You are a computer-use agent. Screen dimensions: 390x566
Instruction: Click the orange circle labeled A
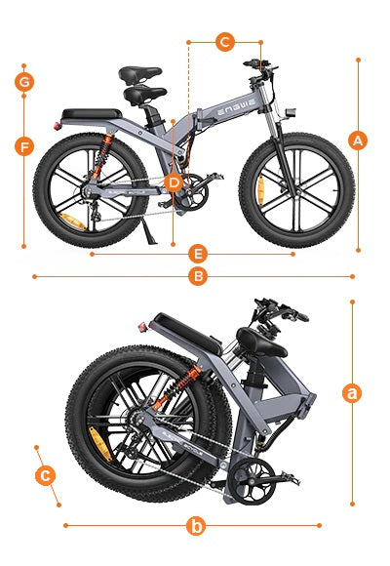[x=358, y=141]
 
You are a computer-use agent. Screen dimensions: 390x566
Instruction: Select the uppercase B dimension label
[x=198, y=276]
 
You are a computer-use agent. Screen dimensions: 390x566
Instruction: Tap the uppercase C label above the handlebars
[x=225, y=42]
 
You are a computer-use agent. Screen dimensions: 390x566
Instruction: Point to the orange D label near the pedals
[x=174, y=183]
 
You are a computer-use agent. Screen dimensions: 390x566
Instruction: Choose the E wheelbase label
[x=198, y=254]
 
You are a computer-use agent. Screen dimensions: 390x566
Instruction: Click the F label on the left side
[x=24, y=147]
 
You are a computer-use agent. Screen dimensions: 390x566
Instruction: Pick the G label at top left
[x=24, y=82]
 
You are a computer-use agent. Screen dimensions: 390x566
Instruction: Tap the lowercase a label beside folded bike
[x=352, y=393]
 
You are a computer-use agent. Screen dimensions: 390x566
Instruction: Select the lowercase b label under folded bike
[x=196, y=526]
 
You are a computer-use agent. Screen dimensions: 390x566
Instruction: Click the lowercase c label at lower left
[x=45, y=475]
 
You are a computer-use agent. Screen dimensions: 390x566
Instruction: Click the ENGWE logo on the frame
[x=236, y=107]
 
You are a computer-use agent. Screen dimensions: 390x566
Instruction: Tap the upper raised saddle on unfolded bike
[x=140, y=74]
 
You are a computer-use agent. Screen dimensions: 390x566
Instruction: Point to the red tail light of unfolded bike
[x=57, y=126]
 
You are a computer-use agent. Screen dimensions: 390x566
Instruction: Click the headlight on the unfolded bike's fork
[x=291, y=112]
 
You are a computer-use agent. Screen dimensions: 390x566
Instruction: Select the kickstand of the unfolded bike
[x=148, y=231]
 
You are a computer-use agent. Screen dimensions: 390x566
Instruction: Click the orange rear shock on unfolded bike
[x=102, y=155]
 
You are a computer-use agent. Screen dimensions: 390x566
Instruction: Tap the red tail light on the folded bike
[x=143, y=327]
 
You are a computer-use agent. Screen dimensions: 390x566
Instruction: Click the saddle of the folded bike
[x=261, y=343]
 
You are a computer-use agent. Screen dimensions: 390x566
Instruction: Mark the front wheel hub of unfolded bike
[x=296, y=190]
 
